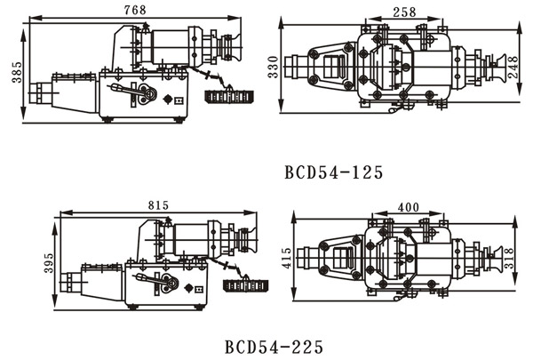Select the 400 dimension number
(409, 207)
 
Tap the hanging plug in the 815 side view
(247, 284)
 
